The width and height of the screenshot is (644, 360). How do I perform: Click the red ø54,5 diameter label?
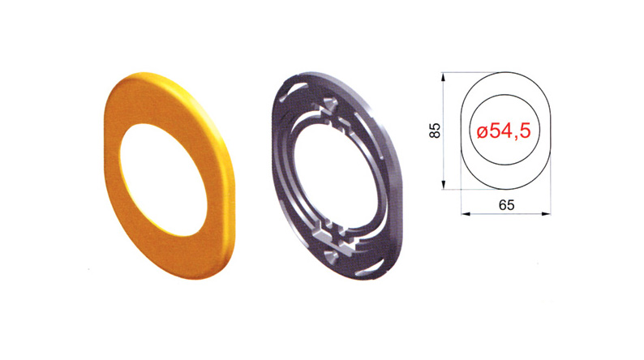point(504,131)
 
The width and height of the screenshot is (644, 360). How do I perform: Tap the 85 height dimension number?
point(435,131)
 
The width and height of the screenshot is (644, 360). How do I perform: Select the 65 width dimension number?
point(506,205)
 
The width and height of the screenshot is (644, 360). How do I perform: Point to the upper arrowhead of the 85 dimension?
point(443,77)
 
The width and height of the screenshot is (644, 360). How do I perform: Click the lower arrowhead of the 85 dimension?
point(443,185)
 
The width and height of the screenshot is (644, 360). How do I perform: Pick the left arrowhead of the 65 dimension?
point(466,213)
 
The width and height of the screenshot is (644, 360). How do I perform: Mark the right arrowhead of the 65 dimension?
point(546,213)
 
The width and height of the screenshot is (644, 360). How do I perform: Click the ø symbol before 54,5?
point(482,132)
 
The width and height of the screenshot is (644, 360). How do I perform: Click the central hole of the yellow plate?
point(163,180)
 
